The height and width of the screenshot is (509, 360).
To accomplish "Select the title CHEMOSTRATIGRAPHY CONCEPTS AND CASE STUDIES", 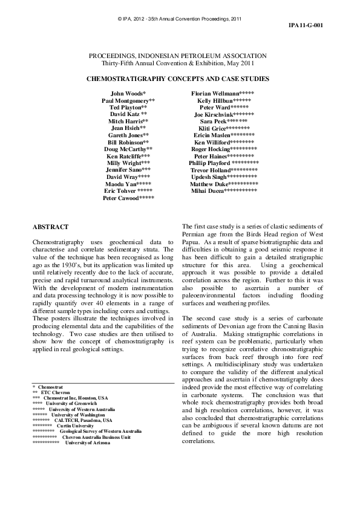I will coord(178,79).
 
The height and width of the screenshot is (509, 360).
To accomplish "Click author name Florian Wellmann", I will coord(217,94).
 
